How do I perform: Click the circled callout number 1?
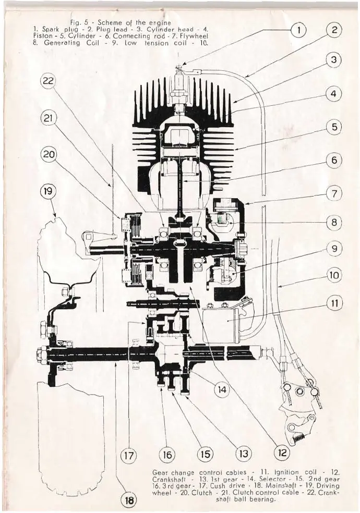297,31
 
